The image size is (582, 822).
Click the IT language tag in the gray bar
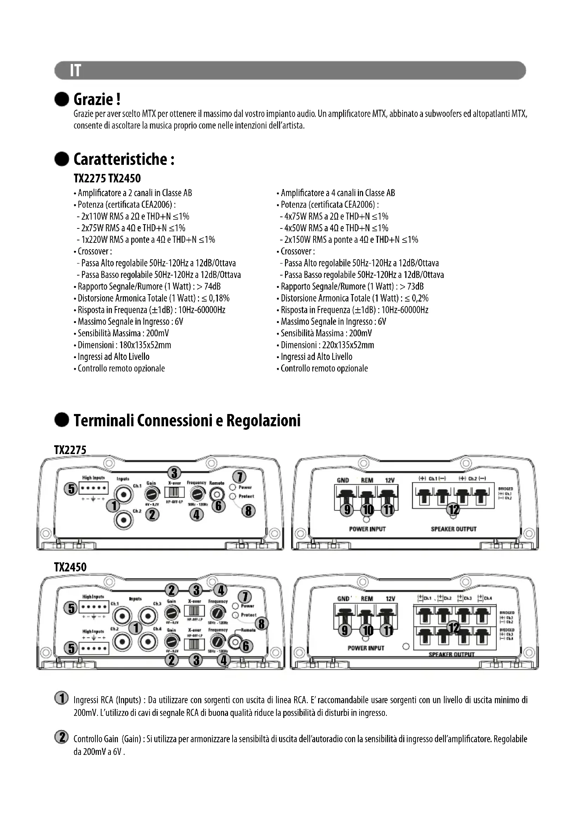tap(76, 71)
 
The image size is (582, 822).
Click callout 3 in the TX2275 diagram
tap(174, 473)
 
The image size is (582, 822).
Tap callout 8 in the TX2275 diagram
tap(248, 511)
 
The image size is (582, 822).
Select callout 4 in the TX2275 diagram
tap(196, 514)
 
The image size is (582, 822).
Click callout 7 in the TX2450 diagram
tap(245, 596)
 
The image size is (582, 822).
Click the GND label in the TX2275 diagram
tap(343, 480)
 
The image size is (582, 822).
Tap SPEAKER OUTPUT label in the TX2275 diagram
tap(453, 529)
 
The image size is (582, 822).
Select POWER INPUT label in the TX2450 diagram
tap(366, 648)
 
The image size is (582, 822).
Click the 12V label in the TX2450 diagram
tap(390, 598)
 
